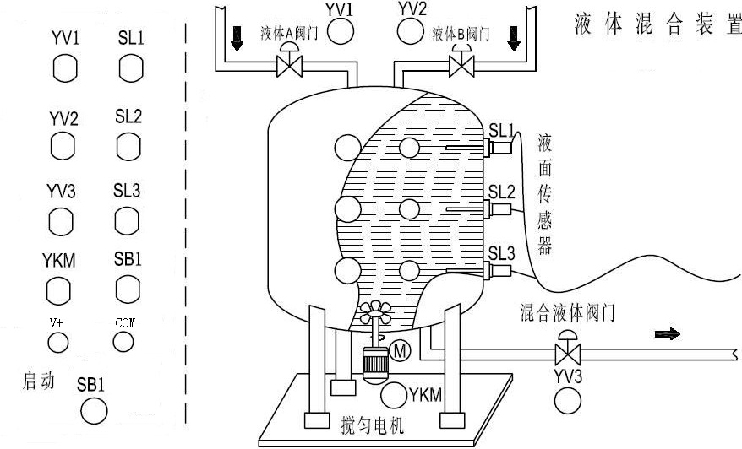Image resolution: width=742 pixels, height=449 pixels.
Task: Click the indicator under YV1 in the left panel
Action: tap(64, 68)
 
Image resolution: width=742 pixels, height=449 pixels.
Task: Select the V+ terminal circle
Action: tap(57, 341)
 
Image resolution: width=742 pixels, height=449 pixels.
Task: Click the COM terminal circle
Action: tap(123, 341)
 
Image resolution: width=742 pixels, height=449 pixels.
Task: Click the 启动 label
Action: tap(38, 382)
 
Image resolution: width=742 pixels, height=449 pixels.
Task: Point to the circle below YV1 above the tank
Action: tap(341, 32)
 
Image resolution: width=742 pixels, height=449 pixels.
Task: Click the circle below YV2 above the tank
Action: tap(411, 32)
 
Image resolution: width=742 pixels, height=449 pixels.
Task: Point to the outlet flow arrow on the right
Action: tap(668, 334)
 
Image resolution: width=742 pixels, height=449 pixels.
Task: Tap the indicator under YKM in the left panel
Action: tap(59, 289)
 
